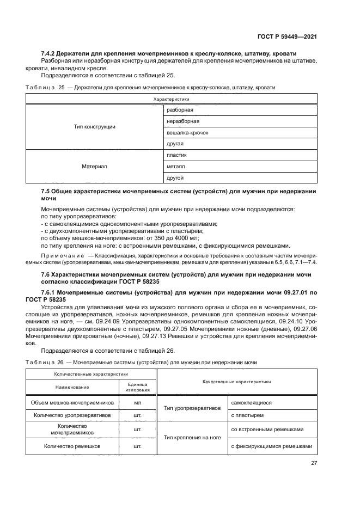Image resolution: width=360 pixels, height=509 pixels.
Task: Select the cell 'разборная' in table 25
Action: tap(178, 109)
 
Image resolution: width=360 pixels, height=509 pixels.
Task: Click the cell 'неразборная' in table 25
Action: tap(180, 121)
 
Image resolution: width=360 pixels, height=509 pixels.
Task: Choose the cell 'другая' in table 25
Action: tap(175, 144)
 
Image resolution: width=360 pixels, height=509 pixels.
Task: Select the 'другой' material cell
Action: tap(175, 178)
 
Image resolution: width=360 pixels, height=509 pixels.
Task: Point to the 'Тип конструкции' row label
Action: tap(94, 127)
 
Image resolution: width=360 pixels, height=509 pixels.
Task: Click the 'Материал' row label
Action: tap(94, 167)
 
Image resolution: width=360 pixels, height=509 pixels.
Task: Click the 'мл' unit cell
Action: tap(138, 403)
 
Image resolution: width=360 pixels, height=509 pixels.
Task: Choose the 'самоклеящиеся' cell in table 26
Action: tap(251, 403)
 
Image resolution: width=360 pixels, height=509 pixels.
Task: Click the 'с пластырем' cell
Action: tap(247, 415)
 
